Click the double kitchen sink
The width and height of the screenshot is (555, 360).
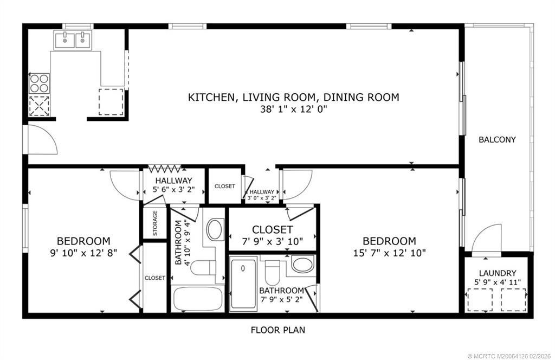[73, 40]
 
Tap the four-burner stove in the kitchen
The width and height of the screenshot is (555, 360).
[39, 83]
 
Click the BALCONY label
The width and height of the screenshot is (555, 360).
[497, 139]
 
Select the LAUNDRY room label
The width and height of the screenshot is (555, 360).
[498, 273]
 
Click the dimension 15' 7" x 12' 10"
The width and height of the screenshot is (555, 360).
[389, 253]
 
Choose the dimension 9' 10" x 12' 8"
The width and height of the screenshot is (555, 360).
[83, 253]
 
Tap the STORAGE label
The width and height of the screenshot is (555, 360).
[155, 223]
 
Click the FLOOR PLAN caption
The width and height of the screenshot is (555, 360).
[278, 330]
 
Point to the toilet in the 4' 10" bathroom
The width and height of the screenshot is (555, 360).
[204, 267]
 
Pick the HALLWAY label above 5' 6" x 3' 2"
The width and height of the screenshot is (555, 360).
[173, 181]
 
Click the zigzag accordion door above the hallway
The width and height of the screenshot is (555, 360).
[165, 169]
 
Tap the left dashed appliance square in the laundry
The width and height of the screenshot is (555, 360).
[480, 299]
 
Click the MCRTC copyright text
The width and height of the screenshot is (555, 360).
[509, 356]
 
